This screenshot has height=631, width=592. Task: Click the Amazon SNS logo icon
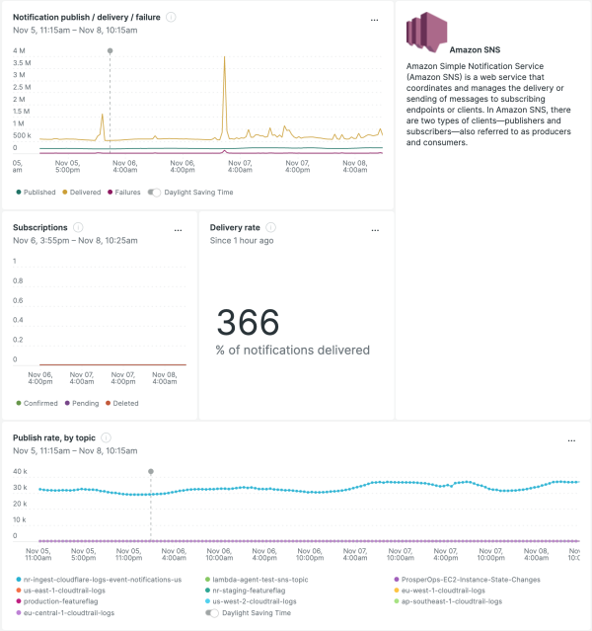click(424, 32)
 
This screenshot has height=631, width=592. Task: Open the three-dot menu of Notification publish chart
click(374, 19)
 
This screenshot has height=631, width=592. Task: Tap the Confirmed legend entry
click(40, 403)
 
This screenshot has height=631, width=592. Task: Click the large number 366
click(248, 323)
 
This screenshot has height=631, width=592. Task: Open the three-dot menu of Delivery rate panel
click(374, 229)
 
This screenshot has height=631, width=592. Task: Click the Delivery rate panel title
click(235, 227)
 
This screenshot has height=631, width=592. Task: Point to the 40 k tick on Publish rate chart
click(20, 472)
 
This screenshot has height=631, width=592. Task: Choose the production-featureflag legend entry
click(61, 600)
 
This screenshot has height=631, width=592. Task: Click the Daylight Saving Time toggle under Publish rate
click(212, 612)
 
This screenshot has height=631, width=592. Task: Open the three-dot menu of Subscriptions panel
click(178, 229)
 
